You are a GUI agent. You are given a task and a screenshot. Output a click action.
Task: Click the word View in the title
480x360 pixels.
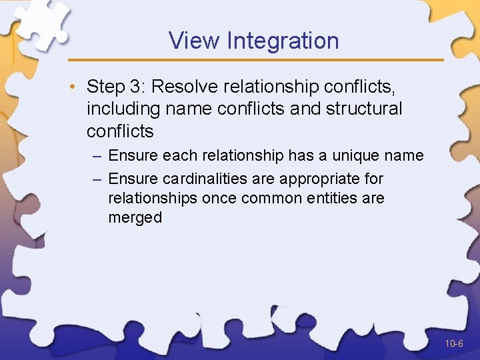tap(194, 41)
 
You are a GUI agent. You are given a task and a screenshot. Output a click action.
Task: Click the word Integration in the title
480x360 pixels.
tap(283, 41)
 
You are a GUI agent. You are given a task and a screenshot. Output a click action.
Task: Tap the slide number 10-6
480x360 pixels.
tap(455, 344)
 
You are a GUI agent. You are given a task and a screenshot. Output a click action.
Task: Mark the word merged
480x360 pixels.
tap(135, 217)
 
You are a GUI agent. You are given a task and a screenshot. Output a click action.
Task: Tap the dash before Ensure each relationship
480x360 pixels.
tap(97, 156)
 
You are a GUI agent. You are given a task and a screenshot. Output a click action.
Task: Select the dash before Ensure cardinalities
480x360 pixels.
tap(97, 179)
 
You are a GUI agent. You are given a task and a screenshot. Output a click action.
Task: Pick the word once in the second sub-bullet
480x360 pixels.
tap(220, 198)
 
